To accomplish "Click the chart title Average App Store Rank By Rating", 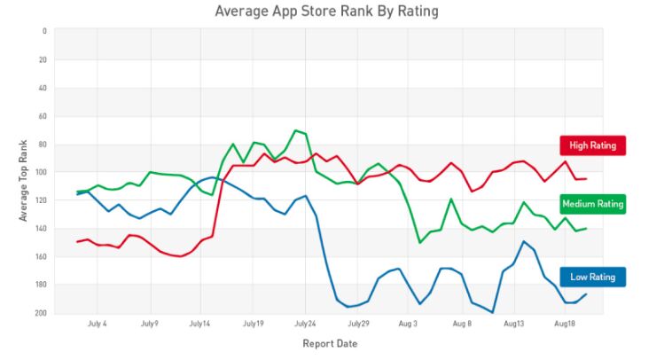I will point(326,12).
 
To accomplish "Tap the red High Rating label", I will point(592,145).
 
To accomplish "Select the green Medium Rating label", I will point(592,204).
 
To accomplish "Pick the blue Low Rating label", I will point(592,277).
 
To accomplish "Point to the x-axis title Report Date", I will point(330,343).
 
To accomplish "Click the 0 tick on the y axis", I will point(43,31).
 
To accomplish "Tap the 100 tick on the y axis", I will point(41,172).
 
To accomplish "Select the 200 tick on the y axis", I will point(41,313).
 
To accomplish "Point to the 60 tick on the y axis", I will point(42,116).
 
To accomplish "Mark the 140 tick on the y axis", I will point(41,229).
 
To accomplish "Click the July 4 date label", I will point(98,325).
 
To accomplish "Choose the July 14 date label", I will point(200,325).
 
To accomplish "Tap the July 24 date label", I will point(304,325).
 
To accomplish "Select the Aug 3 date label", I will point(408,325).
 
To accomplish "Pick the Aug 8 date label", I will point(461,325).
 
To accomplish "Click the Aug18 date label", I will point(564,325).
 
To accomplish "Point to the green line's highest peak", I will point(296,130).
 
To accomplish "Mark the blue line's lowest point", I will point(492,312).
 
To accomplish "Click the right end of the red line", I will point(585,179).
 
